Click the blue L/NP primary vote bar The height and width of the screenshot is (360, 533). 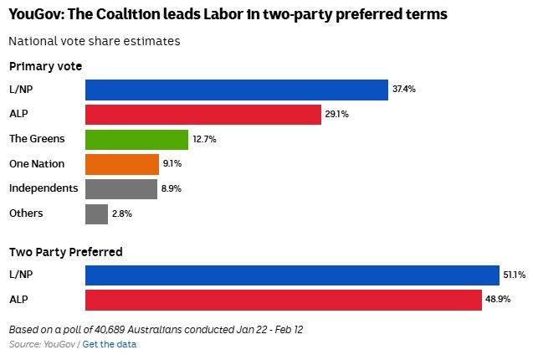tap(237, 90)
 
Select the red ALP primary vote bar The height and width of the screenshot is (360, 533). tap(203, 115)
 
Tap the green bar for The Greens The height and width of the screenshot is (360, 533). tap(136, 139)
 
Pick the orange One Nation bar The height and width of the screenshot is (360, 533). tap(122, 164)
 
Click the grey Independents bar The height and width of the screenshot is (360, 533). tap(121, 188)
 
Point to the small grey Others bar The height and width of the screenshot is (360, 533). tap(96, 213)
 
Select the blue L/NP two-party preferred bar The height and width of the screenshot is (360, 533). tap(292, 275)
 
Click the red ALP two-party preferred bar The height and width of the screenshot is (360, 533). tap(283, 300)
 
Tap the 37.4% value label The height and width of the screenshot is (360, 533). tap(404, 90)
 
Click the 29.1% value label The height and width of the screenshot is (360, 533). tap(336, 115)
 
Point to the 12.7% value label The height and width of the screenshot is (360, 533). tap(204, 139)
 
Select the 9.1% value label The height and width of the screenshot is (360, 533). tap(172, 164)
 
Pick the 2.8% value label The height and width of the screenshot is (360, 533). tap(122, 213)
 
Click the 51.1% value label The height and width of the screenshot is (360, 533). tap(514, 275)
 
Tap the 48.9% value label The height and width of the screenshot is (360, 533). tap(499, 300)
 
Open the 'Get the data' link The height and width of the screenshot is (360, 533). tap(109, 344)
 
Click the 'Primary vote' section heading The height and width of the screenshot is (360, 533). tap(45, 66)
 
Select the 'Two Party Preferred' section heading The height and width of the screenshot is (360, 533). tap(66, 251)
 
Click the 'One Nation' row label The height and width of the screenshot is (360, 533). tap(37, 164)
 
